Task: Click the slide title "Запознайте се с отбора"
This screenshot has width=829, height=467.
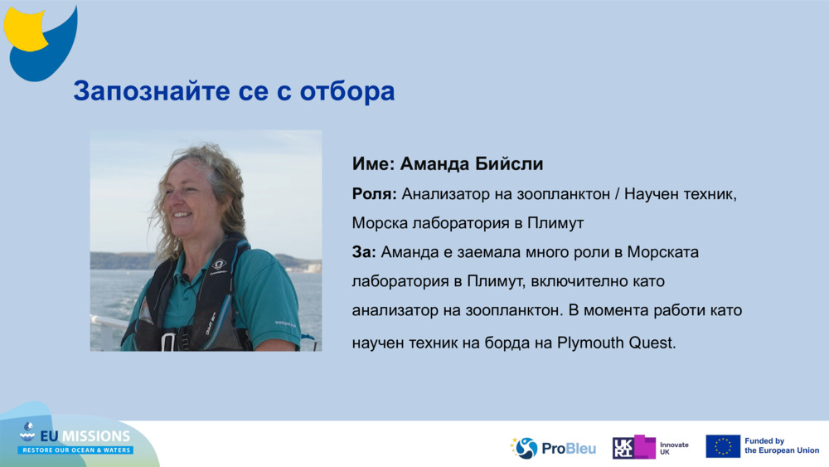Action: click(233, 91)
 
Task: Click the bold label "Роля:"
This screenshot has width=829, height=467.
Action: click(374, 194)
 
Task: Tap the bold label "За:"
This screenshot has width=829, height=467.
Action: click(364, 251)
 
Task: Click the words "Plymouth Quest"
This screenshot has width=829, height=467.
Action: click(614, 342)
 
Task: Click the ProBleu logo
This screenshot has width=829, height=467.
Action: click(553, 448)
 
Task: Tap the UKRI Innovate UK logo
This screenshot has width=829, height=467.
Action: click(650, 448)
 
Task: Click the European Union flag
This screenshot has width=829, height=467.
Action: click(723, 446)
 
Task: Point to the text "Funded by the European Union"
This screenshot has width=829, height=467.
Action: click(781, 446)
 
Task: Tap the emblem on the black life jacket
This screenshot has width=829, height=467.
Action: click(218, 265)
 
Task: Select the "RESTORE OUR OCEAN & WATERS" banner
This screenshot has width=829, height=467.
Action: click(76, 450)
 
